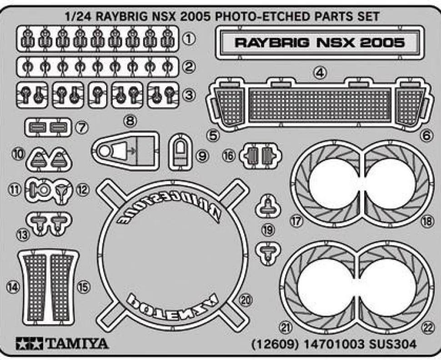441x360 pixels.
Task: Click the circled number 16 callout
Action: coord(229,156)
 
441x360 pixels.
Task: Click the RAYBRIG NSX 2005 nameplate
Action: coord(319,43)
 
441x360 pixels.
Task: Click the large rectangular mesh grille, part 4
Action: coord(321,103)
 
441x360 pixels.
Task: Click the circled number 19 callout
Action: coord(268,230)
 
